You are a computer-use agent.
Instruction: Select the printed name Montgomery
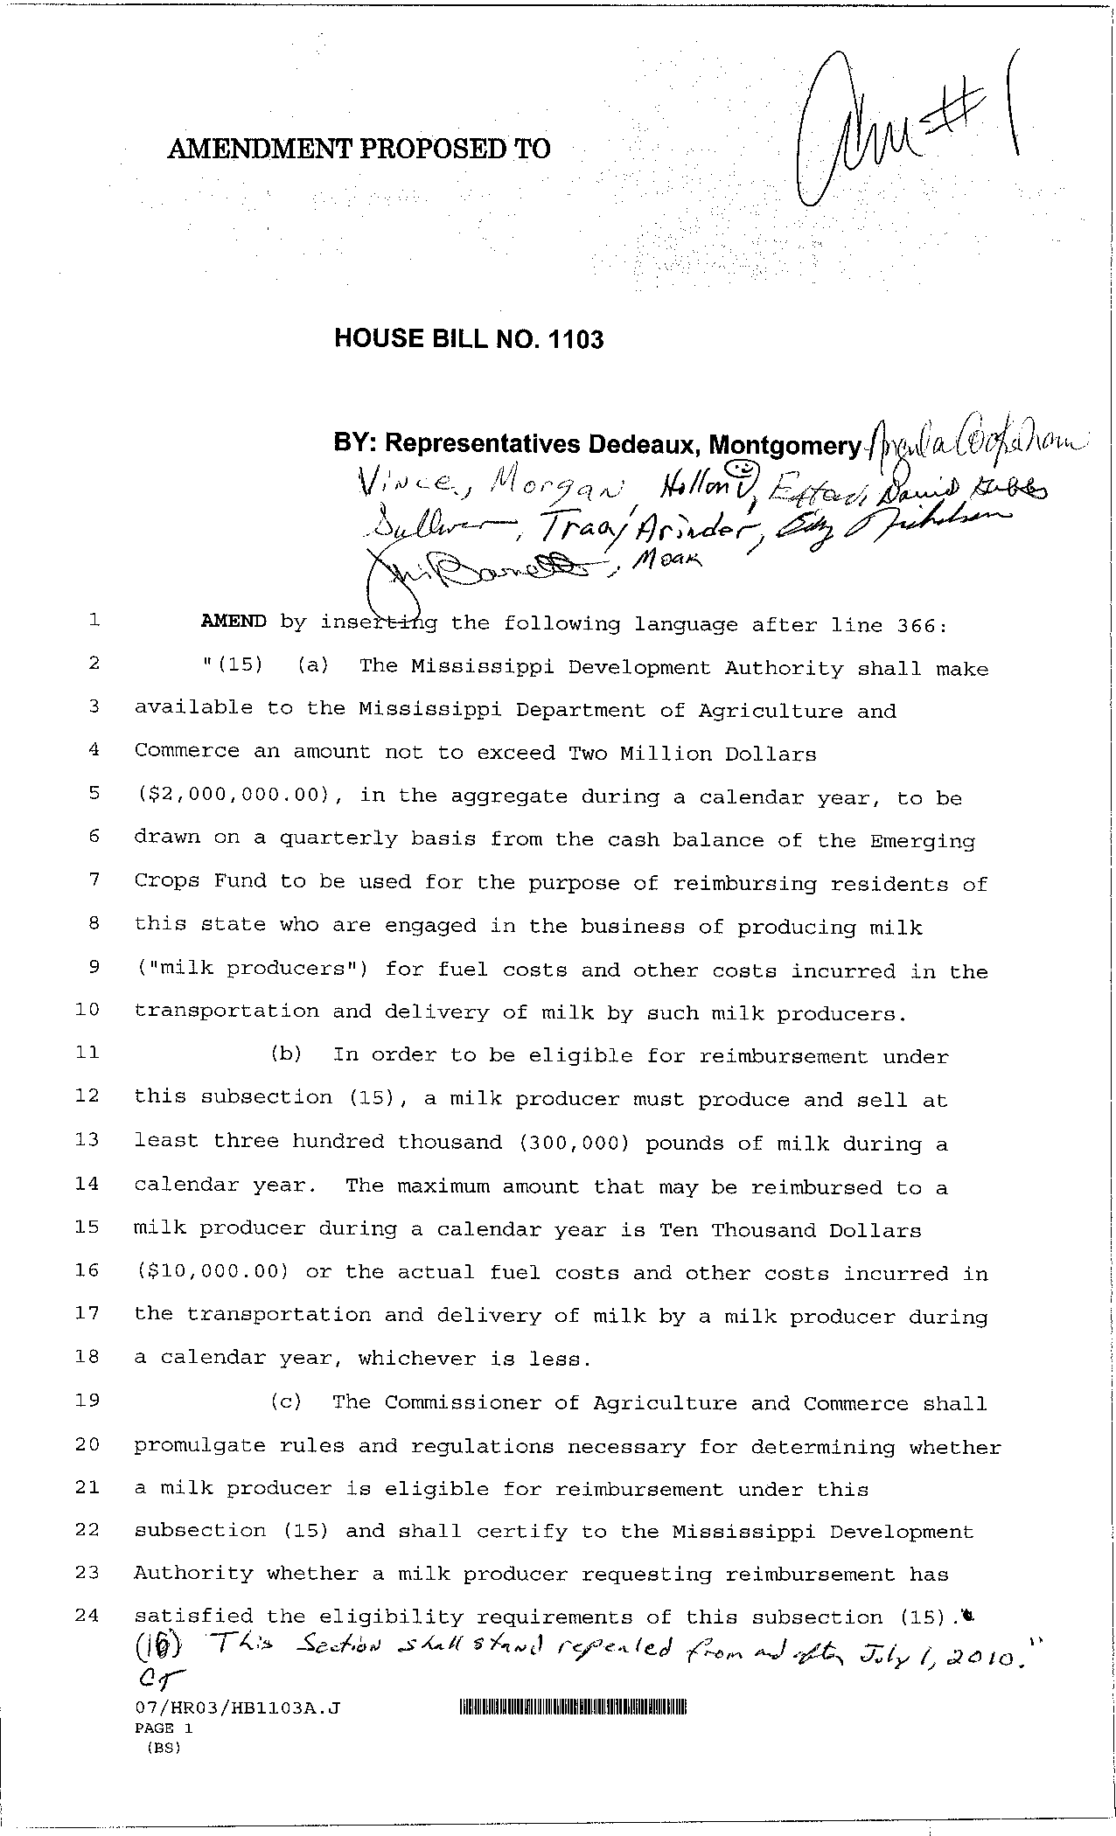pos(785,446)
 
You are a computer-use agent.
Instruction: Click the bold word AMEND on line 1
pos(234,622)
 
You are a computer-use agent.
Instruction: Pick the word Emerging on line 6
pos(922,842)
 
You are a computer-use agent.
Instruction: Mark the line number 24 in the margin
pos(87,1616)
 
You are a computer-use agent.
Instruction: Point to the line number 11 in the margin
pos(87,1053)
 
